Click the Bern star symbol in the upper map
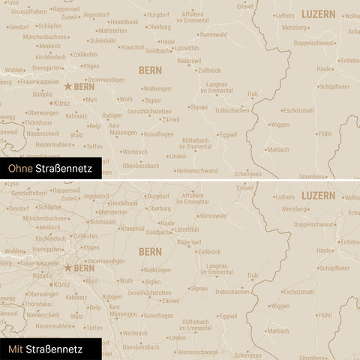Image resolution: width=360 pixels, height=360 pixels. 67,86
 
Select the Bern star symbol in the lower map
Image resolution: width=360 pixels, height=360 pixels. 67,267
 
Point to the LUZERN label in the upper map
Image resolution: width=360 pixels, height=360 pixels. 318,14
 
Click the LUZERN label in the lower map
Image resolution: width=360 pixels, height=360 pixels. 318,195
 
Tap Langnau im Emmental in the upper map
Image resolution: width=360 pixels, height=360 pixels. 219,88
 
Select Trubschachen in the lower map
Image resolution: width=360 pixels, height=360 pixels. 232,291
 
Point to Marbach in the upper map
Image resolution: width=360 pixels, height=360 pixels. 278,149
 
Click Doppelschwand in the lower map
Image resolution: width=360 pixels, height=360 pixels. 314,223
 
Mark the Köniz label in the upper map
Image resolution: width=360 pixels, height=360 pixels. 62,103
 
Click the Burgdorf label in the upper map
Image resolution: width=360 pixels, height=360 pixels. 158,14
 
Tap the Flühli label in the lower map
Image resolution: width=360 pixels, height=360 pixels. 325,314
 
